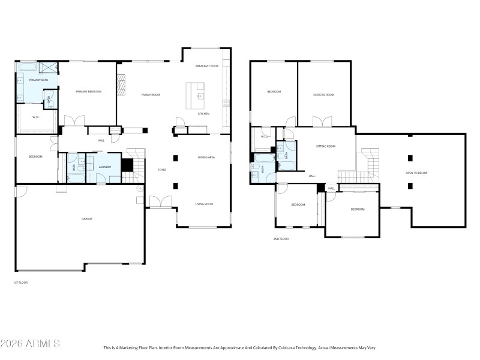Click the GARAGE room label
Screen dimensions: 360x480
(x=87, y=218)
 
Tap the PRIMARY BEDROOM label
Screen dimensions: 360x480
(x=88, y=91)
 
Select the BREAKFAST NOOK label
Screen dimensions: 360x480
(x=206, y=66)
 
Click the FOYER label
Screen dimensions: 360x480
(x=162, y=170)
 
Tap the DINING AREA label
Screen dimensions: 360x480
(x=206, y=157)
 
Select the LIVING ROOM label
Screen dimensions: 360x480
(x=204, y=204)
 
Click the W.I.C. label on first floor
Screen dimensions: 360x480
(x=36, y=117)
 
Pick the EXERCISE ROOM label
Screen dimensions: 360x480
(x=323, y=95)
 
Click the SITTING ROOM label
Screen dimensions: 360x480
(x=326, y=146)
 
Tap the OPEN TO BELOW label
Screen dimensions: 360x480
(x=416, y=173)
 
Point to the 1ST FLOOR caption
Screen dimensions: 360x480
(x=20, y=282)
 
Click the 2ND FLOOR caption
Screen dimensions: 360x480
(x=281, y=239)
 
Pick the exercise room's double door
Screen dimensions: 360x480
(x=322, y=122)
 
